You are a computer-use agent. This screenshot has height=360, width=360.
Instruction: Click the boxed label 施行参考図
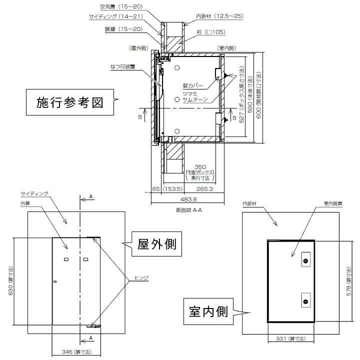click(x=69, y=103)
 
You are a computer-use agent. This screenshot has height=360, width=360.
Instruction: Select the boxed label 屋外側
click(x=156, y=244)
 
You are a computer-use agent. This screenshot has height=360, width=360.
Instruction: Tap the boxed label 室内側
click(x=209, y=312)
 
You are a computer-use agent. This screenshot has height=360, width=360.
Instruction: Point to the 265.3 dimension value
click(x=205, y=189)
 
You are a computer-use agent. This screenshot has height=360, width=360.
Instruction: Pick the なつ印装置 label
click(x=122, y=66)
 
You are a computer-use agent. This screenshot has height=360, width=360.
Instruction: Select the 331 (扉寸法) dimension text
click(x=292, y=339)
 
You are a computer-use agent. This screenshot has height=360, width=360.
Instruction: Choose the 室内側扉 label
click(x=327, y=204)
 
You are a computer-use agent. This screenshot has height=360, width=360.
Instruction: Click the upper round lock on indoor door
click(x=305, y=261)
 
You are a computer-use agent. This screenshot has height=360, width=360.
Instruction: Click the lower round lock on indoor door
click(x=305, y=300)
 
